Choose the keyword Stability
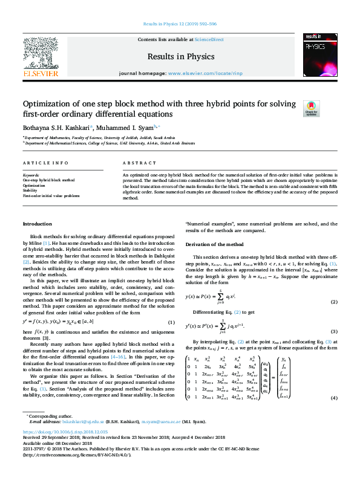coord(31,190)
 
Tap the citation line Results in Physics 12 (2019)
coord(179,24)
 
